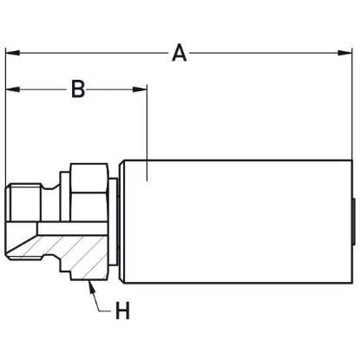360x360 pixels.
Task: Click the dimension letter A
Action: click(179, 53)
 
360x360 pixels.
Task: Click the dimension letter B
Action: click(77, 88)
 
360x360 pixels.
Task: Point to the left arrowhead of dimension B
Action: click(12, 88)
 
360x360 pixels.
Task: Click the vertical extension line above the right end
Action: click(354, 113)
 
